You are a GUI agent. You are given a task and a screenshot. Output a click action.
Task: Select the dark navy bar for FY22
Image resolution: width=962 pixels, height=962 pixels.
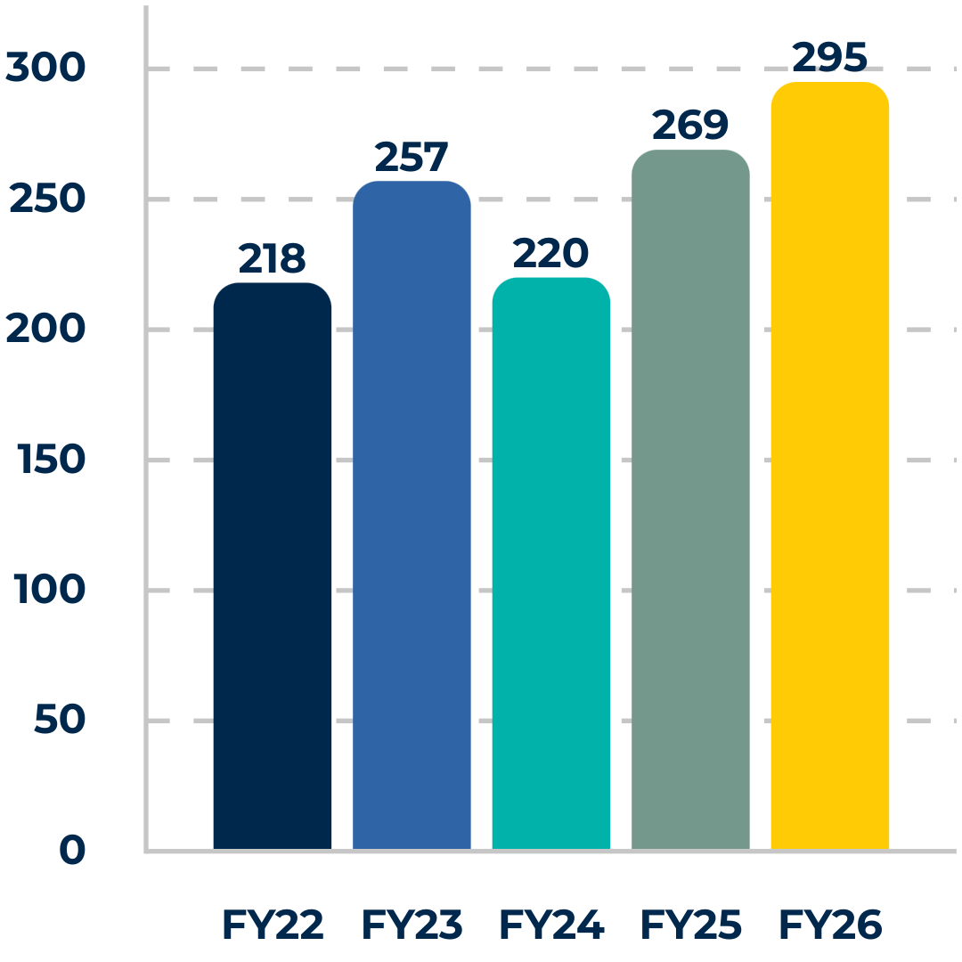[x=273, y=566]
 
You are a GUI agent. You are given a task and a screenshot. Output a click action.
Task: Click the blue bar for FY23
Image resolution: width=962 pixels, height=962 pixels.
[x=412, y=515]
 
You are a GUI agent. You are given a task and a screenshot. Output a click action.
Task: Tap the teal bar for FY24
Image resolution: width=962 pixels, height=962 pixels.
[x=551, y=563]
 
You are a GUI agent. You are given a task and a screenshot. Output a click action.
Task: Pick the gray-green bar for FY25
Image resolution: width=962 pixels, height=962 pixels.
[x=690, y=500]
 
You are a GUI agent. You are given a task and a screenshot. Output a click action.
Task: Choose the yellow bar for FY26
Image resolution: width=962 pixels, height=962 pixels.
[x=830, y=465]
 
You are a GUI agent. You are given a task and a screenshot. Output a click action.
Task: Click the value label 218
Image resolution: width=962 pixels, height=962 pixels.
[x=272, y=257]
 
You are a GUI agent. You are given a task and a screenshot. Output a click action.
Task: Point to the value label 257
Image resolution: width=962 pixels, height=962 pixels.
[x=412, y=157]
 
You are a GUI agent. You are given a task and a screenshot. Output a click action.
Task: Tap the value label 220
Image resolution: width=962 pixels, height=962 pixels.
[x=550, y=253]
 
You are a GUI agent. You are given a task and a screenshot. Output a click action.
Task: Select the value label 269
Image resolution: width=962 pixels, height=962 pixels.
[x=690, y=125]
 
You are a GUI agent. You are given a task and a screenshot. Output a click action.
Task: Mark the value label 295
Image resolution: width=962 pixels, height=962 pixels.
[x=829, y=57]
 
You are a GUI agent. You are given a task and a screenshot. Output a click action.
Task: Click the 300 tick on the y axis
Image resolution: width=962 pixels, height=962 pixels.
[x=45, y=67]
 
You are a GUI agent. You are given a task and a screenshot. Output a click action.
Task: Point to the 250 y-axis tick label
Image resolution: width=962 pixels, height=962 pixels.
[x=47, y=198]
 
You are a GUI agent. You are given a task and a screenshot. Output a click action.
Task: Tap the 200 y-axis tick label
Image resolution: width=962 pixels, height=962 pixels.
[x=45, y=328]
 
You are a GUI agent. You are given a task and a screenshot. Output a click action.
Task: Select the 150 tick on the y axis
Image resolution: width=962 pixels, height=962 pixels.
[x=52, y=459]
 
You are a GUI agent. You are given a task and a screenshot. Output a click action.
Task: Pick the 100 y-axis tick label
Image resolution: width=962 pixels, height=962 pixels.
[x=49, y=589]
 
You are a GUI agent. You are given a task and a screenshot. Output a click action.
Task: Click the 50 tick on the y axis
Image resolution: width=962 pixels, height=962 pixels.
[x=61, y=719]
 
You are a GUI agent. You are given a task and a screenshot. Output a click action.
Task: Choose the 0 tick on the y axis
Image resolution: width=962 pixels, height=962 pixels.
[x=72, y=850]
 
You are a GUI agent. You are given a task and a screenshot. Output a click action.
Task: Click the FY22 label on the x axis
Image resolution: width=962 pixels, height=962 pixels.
[x=273, y=924]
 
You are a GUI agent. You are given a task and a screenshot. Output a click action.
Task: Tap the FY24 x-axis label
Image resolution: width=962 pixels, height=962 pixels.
[x=552, y=924]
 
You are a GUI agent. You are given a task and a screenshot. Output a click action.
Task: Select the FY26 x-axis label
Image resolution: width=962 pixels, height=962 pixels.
[x=831, y=924]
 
